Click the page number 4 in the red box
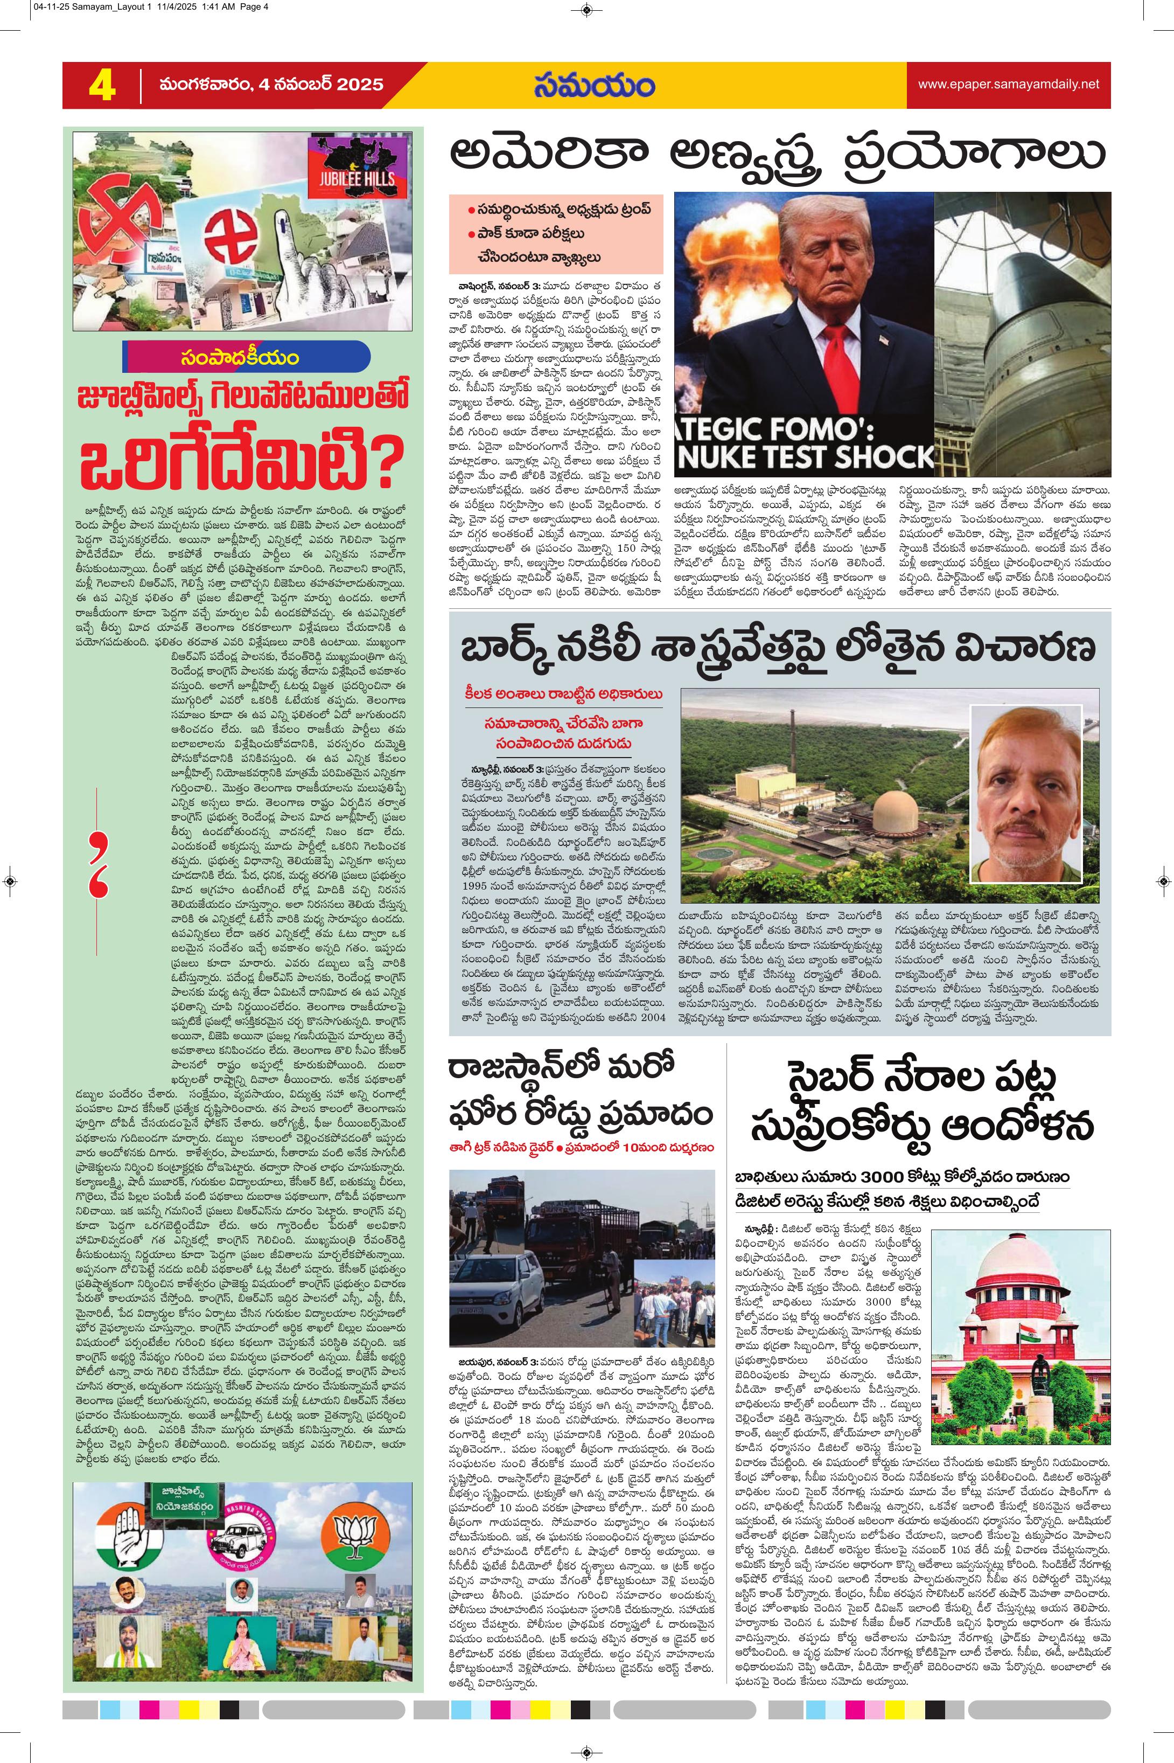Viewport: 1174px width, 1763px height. coord(102,85)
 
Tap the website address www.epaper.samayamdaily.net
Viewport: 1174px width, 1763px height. coord(1009,84)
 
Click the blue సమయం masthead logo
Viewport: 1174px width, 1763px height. coord(594,85)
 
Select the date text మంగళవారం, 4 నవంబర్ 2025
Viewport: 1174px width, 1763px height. coord(270,85)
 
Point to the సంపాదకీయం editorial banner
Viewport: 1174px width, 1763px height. coord(246,357)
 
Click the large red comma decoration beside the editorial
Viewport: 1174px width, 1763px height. coord(98,864)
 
